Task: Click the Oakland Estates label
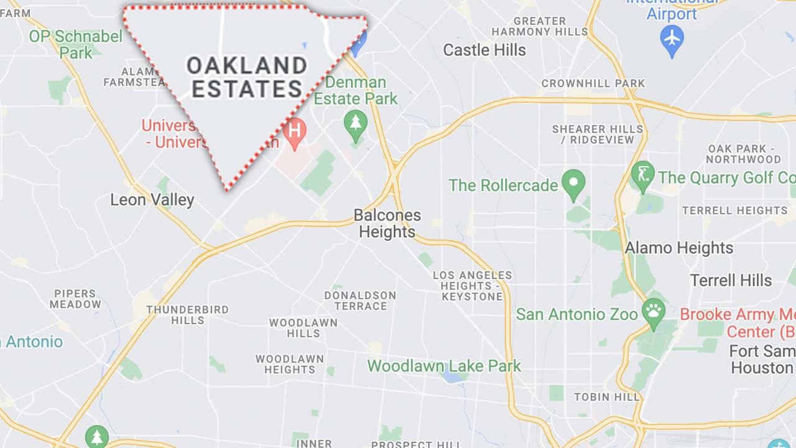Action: (247, 77)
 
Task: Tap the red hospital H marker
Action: (295, 132)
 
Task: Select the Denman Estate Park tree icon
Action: (356, 122)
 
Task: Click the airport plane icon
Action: (672, 39)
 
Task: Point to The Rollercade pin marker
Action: (573, 184)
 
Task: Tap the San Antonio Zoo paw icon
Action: (654, 313)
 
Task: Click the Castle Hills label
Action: (484, 50)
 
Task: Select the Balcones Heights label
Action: (387, 224)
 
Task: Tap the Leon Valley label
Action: (152, 200)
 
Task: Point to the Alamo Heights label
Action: (679, 248)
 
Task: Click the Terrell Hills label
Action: (731, 280)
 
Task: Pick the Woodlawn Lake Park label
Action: (444, 366)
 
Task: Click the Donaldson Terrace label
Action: (360, 301)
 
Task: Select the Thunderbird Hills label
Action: (187, 315)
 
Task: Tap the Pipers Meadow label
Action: (75, 299)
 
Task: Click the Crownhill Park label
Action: (593, 83)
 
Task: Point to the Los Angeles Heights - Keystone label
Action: (473, 286)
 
